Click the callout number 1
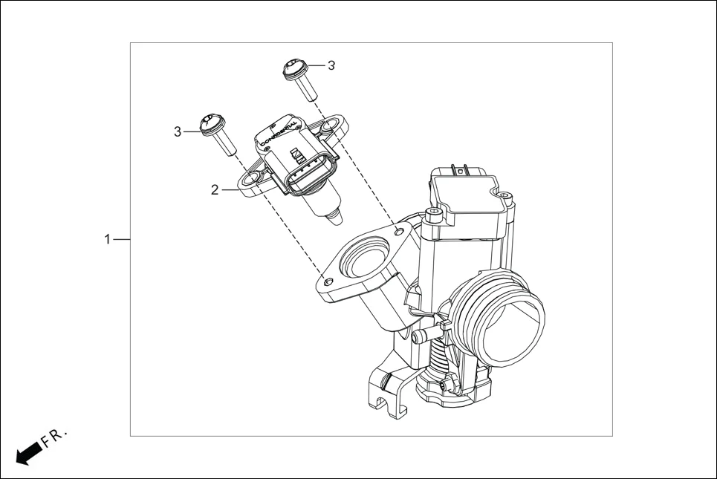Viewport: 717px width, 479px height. point(107,240)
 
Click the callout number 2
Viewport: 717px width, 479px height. point(215,190)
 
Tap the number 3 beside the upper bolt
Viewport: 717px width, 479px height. point(331,65)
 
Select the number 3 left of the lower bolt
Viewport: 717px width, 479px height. point(178,131)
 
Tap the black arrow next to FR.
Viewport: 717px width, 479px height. point(27,452)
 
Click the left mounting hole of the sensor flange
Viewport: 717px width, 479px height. point(253,177)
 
